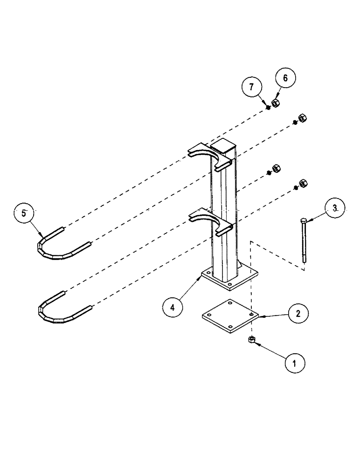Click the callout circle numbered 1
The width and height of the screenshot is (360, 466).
tap(295, 362)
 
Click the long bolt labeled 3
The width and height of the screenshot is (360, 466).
tap(304, 242)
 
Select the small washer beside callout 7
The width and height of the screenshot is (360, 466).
tap(269, 107)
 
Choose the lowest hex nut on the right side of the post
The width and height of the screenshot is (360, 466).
tap(302, 183)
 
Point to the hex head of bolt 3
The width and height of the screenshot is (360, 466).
tap(304, 219)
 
